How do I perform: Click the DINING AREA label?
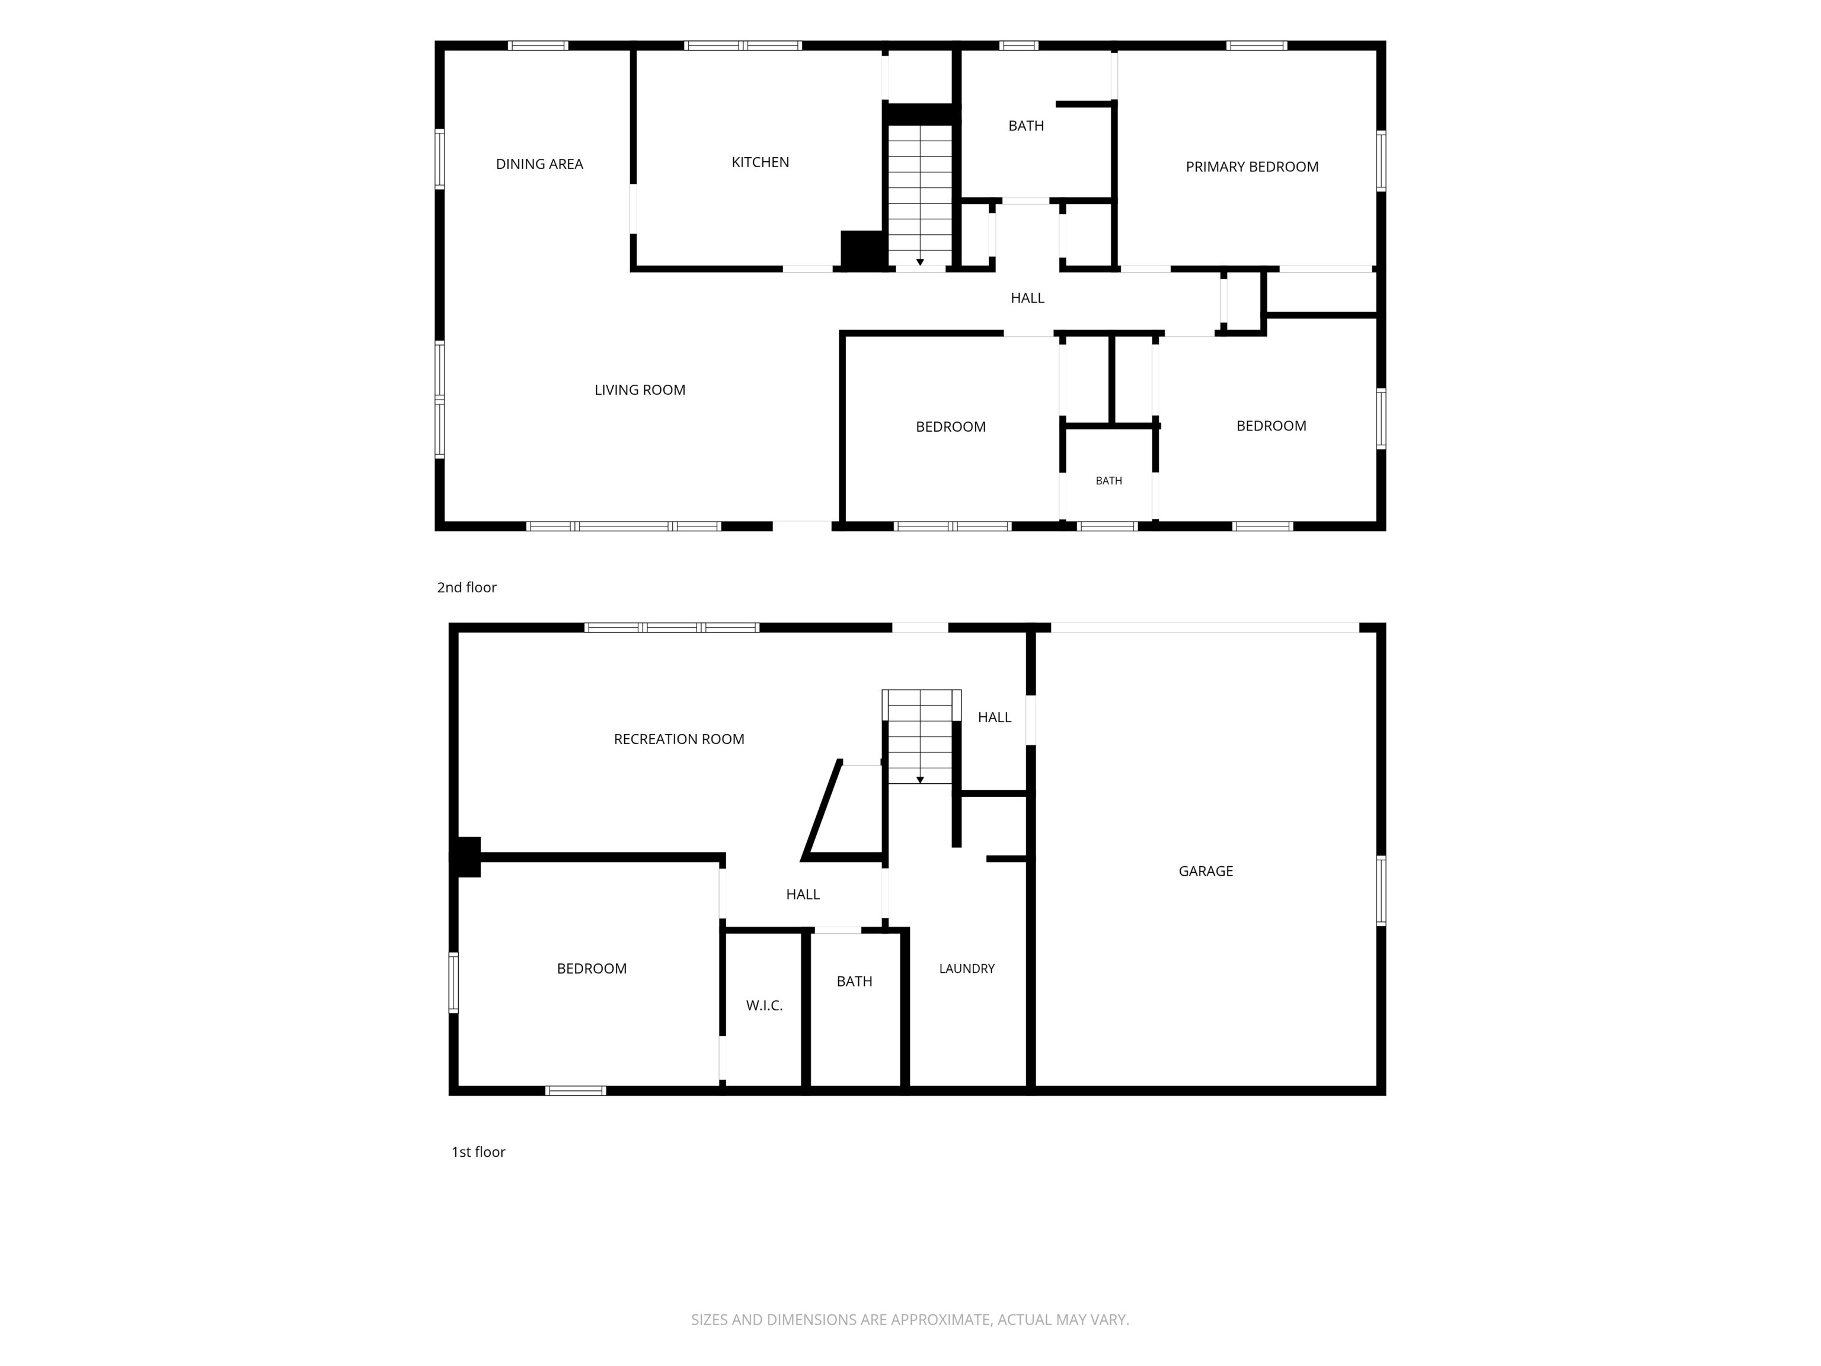point(539,164)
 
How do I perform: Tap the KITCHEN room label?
point(760,162)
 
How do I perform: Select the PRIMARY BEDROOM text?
point(1251,167)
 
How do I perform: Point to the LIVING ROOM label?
point(640,390)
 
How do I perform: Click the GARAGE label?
point(1205,870)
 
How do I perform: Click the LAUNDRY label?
point(966,968)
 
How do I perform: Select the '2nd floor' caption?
point(467,587)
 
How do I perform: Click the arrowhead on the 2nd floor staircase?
point(919,262)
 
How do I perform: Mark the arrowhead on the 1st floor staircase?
point(919,780)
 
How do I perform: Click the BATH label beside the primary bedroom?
point(1025,125)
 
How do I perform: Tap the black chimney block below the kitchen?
point(862,250)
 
